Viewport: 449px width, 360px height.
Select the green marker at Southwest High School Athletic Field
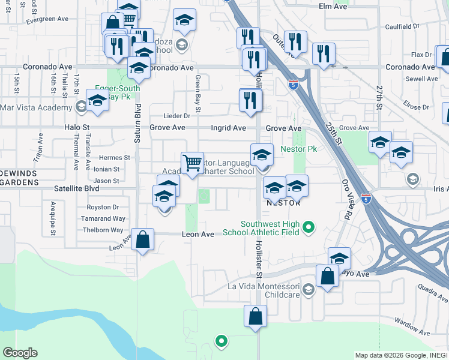(x=309, y=227)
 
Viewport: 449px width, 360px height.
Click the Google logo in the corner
(x=20, y=353)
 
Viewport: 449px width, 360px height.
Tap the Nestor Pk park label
(x=299, y=148)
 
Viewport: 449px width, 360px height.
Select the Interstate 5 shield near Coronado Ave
(x=293, y=85)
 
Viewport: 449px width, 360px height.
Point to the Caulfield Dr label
(x=402, y=26)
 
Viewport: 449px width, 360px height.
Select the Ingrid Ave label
(x=228, y=128)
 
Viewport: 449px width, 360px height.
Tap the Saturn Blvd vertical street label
(x=137, y=123)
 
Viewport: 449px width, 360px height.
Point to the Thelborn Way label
(x=103, y=230)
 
